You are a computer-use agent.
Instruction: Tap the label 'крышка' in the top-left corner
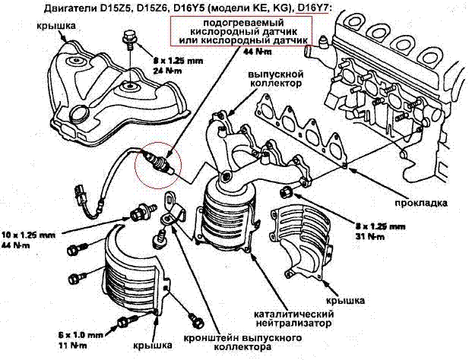tap(54, 25)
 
